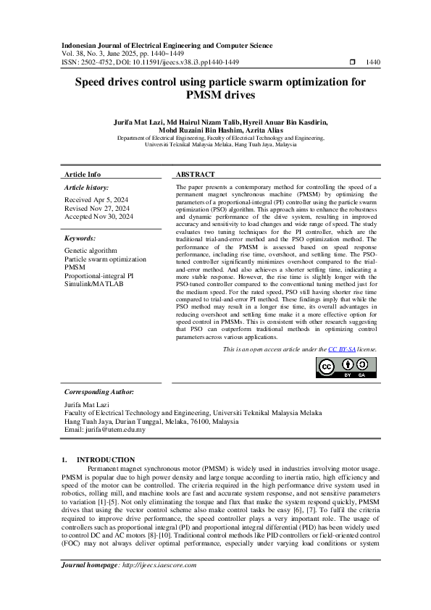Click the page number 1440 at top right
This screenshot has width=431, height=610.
[373, 63]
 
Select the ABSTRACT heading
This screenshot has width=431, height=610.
[196, 175]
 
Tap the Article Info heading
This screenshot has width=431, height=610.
[83, 175]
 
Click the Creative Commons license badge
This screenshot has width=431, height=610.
[346, 368]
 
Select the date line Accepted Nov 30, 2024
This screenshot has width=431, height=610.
[99, 216]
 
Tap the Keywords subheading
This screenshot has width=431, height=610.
[80, 238]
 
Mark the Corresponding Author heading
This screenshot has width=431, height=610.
[99, 391]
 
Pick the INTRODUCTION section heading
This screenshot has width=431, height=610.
[106, 459]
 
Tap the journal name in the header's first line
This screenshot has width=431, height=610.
[167, 45]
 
